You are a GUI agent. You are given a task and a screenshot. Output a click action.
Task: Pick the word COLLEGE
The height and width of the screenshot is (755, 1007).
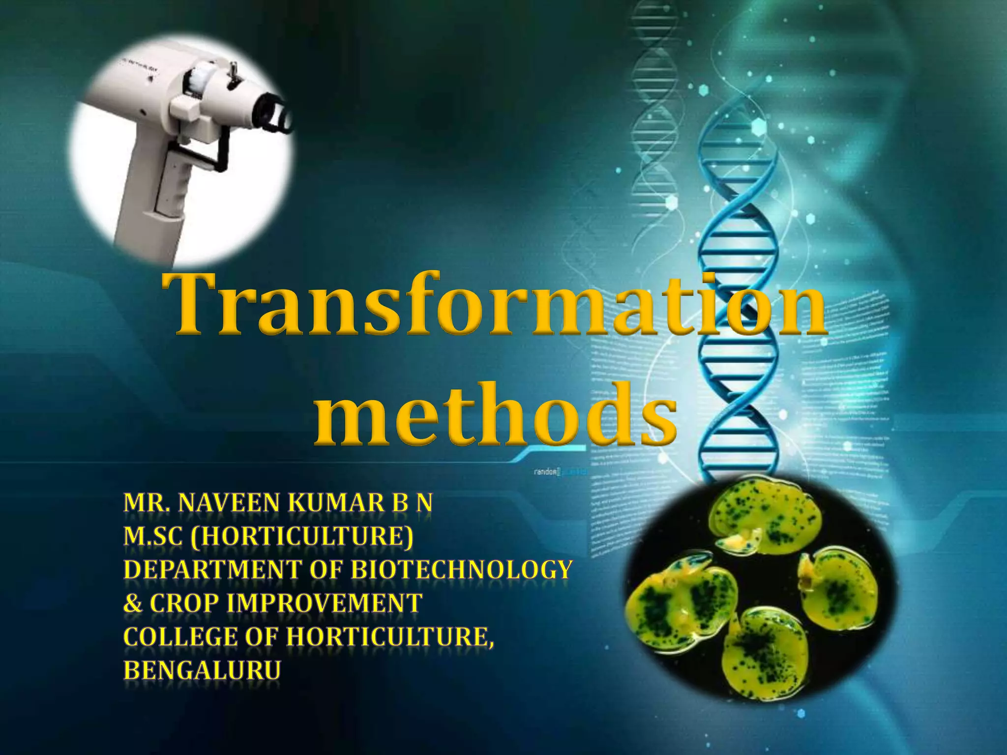coord(180,637)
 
